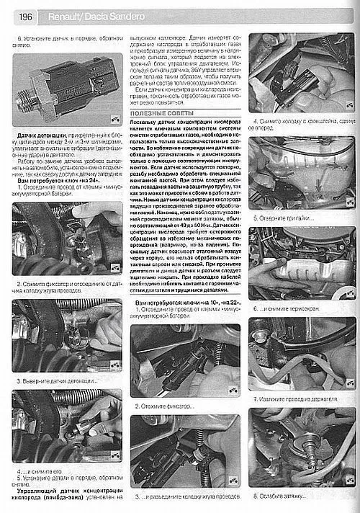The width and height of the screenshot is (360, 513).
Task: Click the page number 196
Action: [x=19, y=15]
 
